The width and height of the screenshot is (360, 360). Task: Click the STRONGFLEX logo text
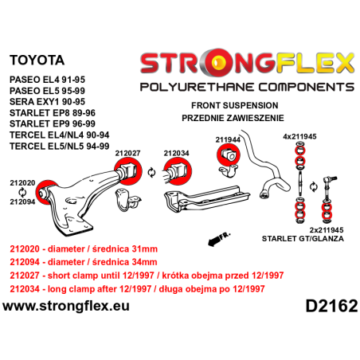(248, 61)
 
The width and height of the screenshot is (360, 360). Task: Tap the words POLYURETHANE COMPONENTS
(248, 85)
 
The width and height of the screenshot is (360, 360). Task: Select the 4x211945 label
(299, 136)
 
